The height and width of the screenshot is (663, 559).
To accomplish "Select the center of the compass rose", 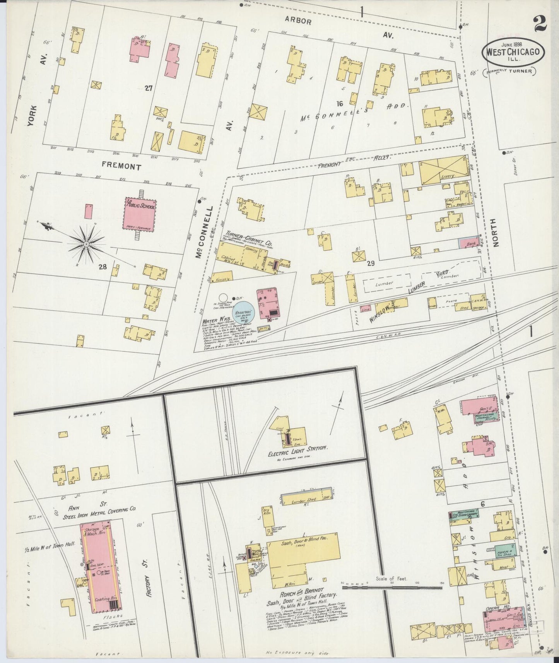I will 86,244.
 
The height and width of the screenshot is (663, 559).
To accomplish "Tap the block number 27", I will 149,88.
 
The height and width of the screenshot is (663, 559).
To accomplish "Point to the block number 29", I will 371,263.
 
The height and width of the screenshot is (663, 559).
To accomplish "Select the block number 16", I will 340,103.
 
